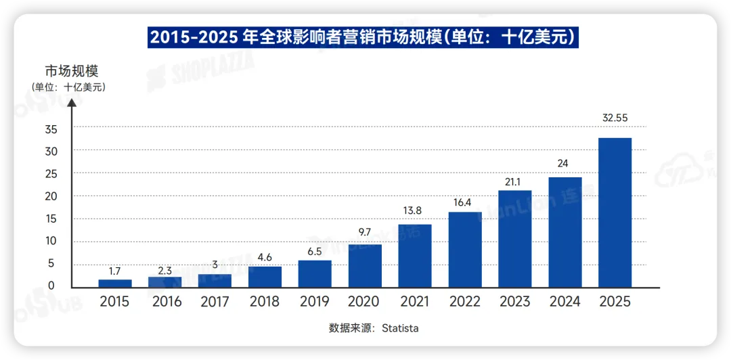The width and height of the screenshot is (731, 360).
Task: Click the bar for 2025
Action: [x=615, y=212]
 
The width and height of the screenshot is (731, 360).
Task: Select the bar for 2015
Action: [x=115, y=283]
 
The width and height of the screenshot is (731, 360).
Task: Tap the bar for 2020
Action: [x=365, y=265]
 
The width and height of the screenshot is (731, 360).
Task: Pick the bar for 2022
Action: [x=465, y=250]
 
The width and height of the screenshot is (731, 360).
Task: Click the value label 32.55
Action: [x=615, y=118]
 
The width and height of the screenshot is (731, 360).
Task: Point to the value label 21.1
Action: [x=515, y=181]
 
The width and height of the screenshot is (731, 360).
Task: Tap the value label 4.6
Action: [x=265, y=256]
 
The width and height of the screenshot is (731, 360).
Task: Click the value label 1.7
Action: [x=115, y=269]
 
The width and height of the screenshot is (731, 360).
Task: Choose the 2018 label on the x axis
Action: [x=265, y=302]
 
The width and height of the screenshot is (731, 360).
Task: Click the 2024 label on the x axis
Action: [x=564, y=302]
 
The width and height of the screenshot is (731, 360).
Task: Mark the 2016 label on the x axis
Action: [x=165, y=302]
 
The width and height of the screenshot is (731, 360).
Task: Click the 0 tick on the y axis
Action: [x=51, y=286]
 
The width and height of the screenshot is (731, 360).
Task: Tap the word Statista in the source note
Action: [x=400, y=328]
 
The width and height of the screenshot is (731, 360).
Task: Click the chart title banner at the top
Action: [x=364, y=37]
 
